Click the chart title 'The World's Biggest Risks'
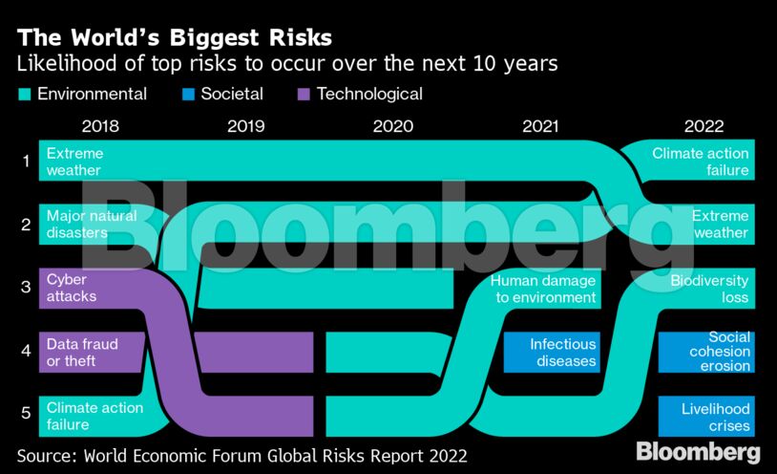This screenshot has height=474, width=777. pyautogui.click(x=174, y=38)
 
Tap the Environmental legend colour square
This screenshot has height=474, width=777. pyautogui.click(x=24, y=95)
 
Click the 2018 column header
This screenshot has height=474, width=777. pyautogui.click(x=100, y=126)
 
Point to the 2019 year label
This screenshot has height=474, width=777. pyautogui.click(x=246, y=126)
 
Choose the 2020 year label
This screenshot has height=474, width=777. pyautogui.click(x=392, y=126)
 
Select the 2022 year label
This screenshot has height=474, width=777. pyautogui.click(x=704, y=126)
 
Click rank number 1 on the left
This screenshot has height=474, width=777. pyautogui.click(x=26, y=161)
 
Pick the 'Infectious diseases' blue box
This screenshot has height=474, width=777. pyautogui.click(x=563, y=353)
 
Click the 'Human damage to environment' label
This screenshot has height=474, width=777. pyautogui.click(x=543, y=289)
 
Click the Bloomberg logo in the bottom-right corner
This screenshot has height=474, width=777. pyautogui.click(x=698, y=451)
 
